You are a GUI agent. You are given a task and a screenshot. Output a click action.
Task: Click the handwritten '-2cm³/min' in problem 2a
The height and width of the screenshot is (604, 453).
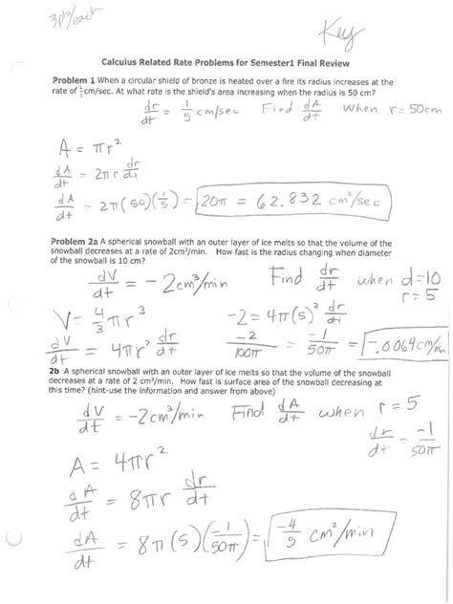[142, 285]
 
